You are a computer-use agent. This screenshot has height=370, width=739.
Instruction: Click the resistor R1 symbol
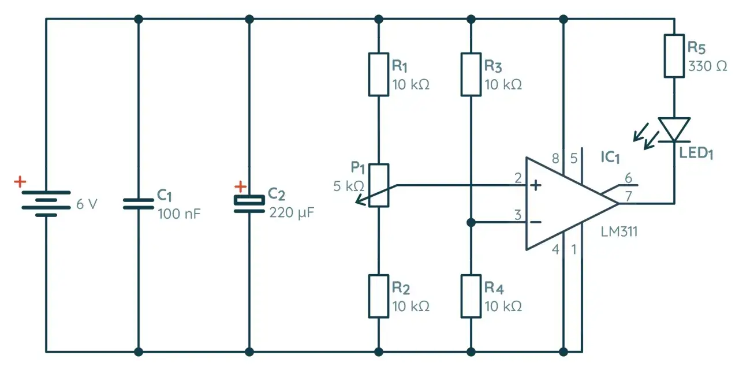coord(379,74)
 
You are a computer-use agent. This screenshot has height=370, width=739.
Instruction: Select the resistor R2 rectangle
coord(379,296)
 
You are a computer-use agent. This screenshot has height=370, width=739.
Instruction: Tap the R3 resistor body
coord(471,74)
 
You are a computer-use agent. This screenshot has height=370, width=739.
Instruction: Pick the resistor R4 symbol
coord(471,296)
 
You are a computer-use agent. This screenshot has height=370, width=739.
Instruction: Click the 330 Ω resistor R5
coord(674,56)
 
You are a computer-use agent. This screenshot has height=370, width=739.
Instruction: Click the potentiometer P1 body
coord(379,185)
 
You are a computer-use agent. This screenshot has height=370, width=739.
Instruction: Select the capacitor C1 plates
coord(138,203)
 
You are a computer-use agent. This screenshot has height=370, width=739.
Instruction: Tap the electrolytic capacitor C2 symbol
coord(249,204)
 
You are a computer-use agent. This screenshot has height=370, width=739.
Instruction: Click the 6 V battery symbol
coord(46,204)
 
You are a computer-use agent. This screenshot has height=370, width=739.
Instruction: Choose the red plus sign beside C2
coord(240,187)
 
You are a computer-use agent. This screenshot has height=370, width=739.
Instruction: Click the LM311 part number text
coord(619,232)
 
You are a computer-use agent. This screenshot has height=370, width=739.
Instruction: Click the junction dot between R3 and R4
coord(471,222)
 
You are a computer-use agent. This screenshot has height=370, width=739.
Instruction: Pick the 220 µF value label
coord(292,212)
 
